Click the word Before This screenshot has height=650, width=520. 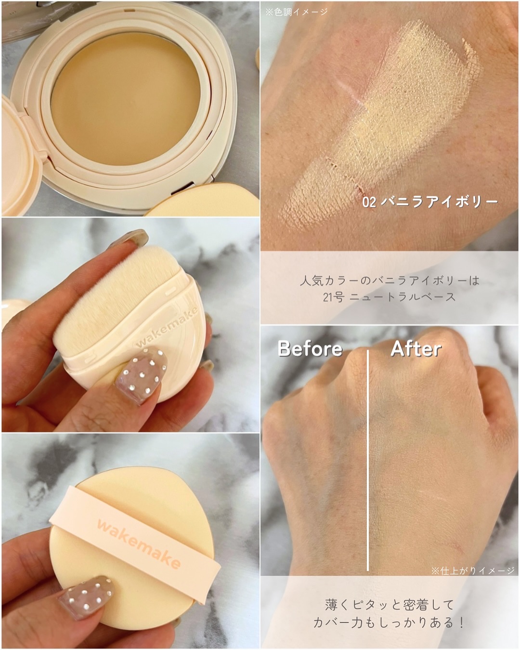click(x=310, y=348)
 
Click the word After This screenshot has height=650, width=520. click(x=416, y=349)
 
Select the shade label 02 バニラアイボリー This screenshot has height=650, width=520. click(x=430, y=202)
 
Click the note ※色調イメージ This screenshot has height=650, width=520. click(x=297, y=12)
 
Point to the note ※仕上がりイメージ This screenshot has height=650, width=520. click(x=473, y=570)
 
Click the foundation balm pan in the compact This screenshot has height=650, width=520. click(x=126, y=98)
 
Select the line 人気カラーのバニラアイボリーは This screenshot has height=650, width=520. click(x=390, y=281)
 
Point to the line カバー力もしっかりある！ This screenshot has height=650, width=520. click(x=389, y=623)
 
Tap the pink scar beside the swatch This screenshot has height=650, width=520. click(x=350, y=91)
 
